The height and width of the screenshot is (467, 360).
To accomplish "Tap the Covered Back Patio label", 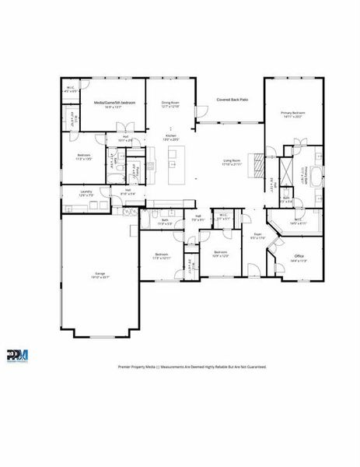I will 232,100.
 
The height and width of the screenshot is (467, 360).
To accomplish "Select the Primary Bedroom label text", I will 293,113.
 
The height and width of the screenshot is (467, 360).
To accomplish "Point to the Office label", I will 299,256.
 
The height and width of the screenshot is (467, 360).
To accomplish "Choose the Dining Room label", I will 170,102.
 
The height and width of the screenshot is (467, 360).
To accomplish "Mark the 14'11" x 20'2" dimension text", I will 293,118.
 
